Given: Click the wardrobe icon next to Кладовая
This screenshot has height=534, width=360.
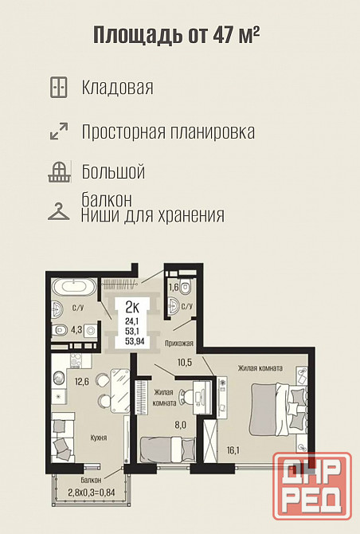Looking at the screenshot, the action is point(58,88).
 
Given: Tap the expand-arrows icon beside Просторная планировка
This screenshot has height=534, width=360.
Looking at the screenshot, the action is point(59,132).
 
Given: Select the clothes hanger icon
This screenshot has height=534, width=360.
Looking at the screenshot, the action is point(58,211).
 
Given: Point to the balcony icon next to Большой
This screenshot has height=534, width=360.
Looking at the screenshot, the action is point(60,172).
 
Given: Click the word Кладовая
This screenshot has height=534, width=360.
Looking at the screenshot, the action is point(117,88).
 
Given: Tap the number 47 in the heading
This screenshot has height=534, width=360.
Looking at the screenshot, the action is point(223,34).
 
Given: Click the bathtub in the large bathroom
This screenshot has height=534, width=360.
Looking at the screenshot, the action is point(74,288).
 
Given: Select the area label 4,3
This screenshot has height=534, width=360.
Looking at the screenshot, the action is point(77,330).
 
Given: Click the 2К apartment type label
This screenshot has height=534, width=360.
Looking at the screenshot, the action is point(132,308).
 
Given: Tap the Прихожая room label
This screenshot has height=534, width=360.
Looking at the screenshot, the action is point(178,343).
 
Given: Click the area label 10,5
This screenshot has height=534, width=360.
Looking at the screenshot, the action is point(185,363).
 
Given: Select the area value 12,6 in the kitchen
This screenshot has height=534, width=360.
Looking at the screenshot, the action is point(82,381).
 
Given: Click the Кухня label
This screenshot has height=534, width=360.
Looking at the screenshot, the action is point(99,438).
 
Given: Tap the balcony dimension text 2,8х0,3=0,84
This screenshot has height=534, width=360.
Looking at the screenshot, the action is point(91,492).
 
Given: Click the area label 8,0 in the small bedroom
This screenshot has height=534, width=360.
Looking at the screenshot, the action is point(181,425).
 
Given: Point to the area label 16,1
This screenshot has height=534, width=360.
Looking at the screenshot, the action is point(233,450).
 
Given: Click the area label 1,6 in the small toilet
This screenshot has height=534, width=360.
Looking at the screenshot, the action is point(174,287).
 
